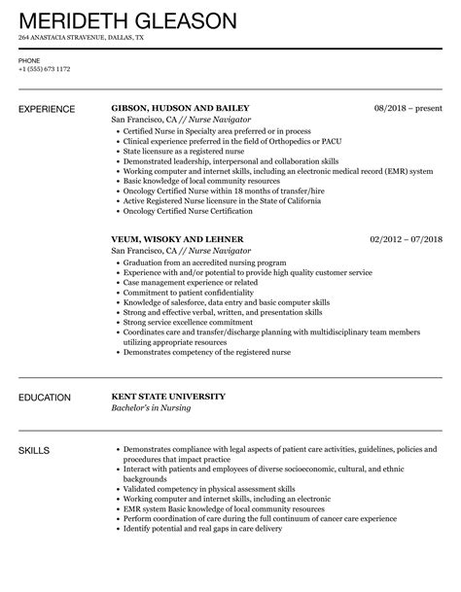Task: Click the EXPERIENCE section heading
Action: pos(52,108)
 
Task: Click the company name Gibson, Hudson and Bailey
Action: pos(181,108)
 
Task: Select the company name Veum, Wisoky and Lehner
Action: pos(178,238)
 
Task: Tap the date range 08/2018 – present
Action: pos(407,108)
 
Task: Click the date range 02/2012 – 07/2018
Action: pos(406,238)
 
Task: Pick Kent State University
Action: pos(168,397)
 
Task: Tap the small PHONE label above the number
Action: pos(30,60)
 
